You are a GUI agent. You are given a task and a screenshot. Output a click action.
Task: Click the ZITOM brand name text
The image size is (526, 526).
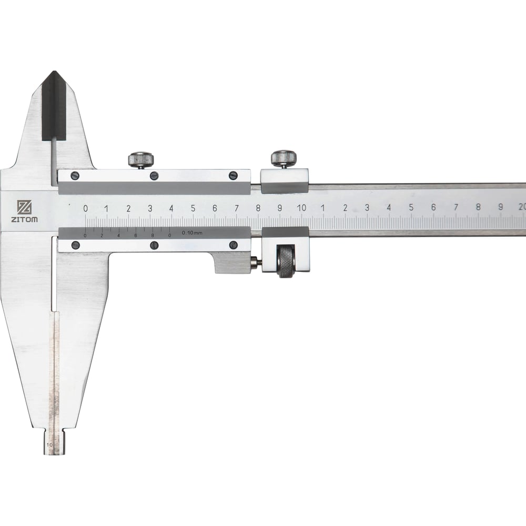25,220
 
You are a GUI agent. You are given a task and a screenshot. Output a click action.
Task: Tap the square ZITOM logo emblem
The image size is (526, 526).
25,207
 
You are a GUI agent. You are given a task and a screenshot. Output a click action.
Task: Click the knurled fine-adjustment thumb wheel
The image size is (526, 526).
286,261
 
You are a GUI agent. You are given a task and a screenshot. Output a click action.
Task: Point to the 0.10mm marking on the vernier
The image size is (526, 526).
192,233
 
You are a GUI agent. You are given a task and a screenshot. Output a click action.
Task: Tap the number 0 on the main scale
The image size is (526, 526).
86,208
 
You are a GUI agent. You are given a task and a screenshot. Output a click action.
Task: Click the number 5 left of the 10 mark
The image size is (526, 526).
193,208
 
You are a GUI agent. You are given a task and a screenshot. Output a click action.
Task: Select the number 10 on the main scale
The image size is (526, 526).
301,208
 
